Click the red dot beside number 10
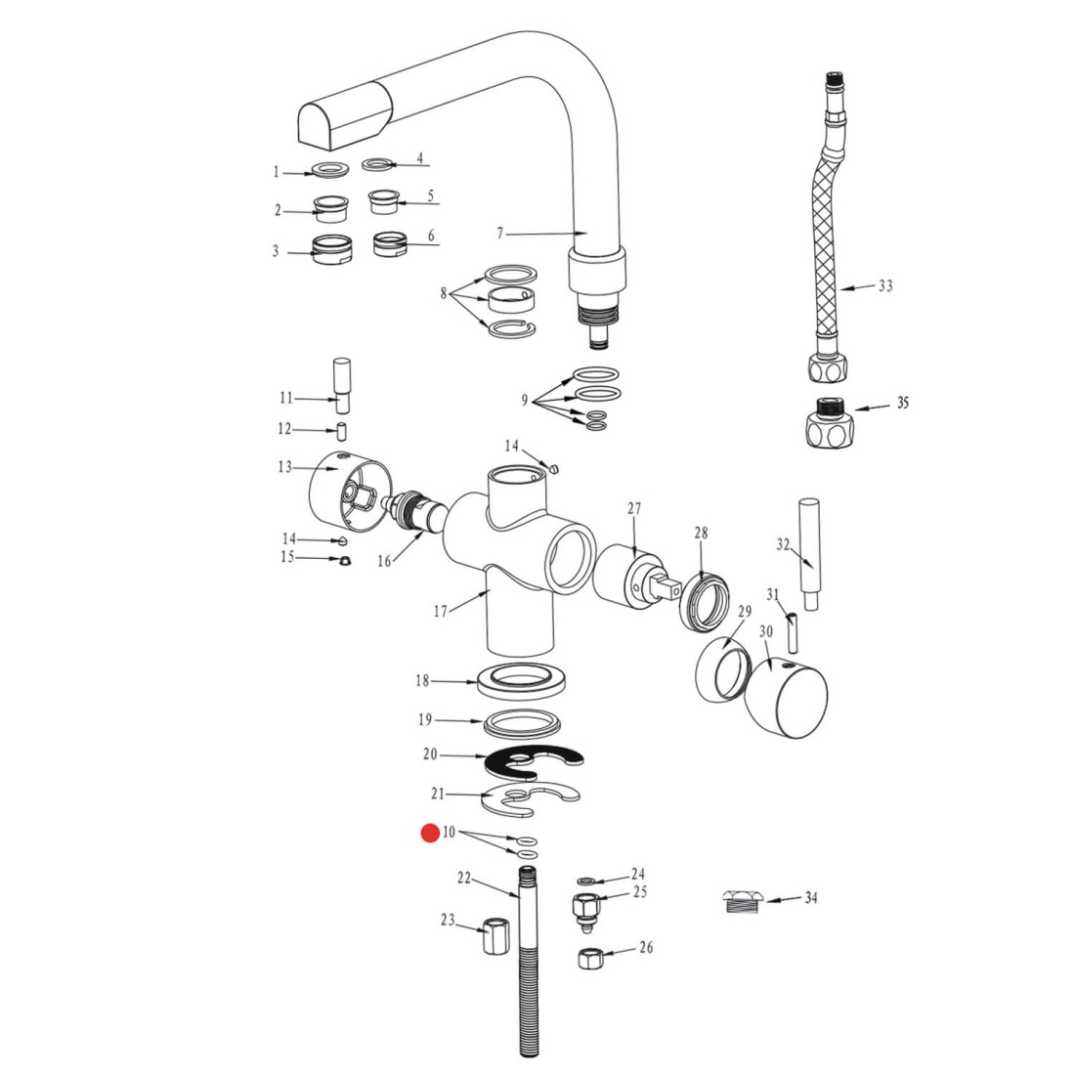pyautogui.click(x=430, y=833)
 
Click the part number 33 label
pyautogui.click(x=885, y=285)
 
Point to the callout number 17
pyautogui.click(x=440, y=610)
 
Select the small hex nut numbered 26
pyautogui.click(x=590, y=958)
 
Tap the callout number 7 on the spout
pyautogui.click(x=500, y=234)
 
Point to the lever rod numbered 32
pyautogui.click(x=810, y=554)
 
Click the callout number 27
pyautogui.click(x=634, y=508)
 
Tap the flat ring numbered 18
pyautogui.click(x=522, y=681)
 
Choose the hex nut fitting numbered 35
pyautogui.click(x=829, y=422)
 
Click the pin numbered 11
pyautogui.click(x=341, y=385)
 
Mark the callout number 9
pyautogui.click(x=525, y=400)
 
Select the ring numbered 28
pyautogui.click(x=704, y=601)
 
